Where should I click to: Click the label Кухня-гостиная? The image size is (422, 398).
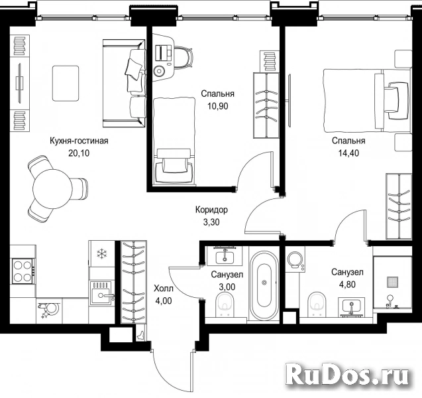coord(79,141)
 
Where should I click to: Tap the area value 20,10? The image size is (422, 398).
coord(79,153)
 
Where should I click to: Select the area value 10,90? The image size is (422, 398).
coord(217,106)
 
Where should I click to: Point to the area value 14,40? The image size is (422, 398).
coord(348,153)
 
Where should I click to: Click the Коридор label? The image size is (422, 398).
coord(211,210)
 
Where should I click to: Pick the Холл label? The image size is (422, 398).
coord(164,289)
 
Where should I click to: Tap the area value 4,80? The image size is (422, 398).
coord(347,285)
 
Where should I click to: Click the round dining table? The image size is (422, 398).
coord(53,188)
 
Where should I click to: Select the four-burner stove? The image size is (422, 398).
coord(23,271)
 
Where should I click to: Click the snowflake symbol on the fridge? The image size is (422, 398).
coord(102,253)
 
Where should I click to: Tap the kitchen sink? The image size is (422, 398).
coord(101,293)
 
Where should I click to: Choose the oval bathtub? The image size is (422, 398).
coord(264,286)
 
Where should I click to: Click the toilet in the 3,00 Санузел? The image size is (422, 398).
coord(225,304)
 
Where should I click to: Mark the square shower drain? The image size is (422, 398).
coord(393,282)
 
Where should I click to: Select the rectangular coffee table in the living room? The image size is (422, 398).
coord(66,84)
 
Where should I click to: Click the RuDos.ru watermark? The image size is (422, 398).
coord(347,374)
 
